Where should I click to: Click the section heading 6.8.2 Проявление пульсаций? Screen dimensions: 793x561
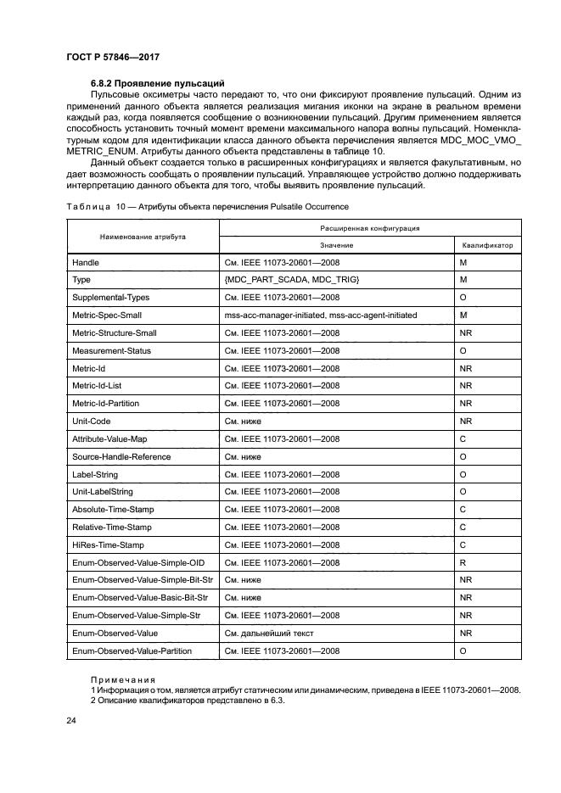[157, 83]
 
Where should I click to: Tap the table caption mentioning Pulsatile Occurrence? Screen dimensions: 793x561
[207, 207]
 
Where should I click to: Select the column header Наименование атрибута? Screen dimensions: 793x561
[143, 237]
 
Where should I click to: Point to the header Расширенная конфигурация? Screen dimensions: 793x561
[370, 228]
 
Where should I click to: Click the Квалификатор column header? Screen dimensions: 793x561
[487, 245]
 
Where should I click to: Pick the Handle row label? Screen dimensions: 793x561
[87, 263]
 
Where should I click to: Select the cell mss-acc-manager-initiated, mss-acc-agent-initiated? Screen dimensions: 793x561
[320, 315]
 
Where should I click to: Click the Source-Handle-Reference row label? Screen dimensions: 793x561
[121, 456]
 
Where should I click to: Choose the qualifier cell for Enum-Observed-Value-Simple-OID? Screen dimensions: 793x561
[463, 562]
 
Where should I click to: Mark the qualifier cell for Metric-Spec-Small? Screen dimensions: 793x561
[463, 315]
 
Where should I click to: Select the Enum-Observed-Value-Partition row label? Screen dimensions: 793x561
[132, 651]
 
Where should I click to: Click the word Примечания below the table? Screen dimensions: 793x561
[123, 679]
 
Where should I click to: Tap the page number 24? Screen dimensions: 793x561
[70, 721]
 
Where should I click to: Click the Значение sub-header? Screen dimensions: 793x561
[336, 245]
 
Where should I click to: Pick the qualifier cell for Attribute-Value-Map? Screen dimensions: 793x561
[463, 438]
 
